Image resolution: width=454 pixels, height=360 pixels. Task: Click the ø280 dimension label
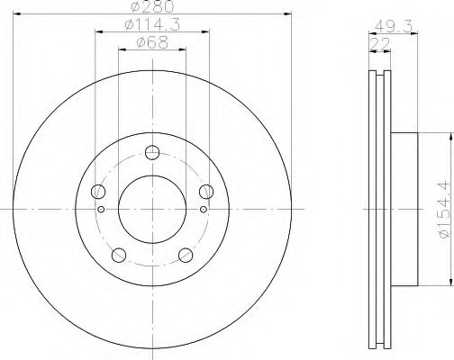click(153, 6)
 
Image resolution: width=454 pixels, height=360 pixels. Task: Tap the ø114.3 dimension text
click(152, 25)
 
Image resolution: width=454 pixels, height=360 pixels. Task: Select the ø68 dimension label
click(152, 42)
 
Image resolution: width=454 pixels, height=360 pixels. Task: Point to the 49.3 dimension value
click(394, 27)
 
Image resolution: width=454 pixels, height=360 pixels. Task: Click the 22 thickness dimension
click(380, 44)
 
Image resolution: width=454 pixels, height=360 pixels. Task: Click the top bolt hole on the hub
click(152, 152)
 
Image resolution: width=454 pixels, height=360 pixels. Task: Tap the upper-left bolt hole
click(98, 192)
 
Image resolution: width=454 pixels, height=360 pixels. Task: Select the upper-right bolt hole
click(206, 192)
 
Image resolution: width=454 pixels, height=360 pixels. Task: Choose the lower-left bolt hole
click(119, 255)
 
